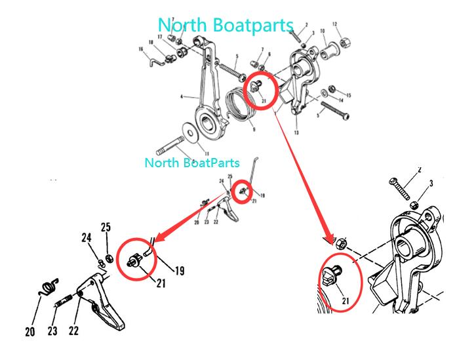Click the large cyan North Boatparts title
pyautogui.click(x=226, y=25)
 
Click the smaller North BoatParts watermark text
pyautogui.click(x=191, y=162)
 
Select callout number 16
pyautogui.click(x=141, y=49)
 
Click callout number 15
pyautogui.click(x=348, y=94)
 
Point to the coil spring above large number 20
pyautogui.click(x=48, y=287)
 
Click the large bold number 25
pyautogui.click(x=106, y=227)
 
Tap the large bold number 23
pyautogui.click(x=53, y=332)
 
